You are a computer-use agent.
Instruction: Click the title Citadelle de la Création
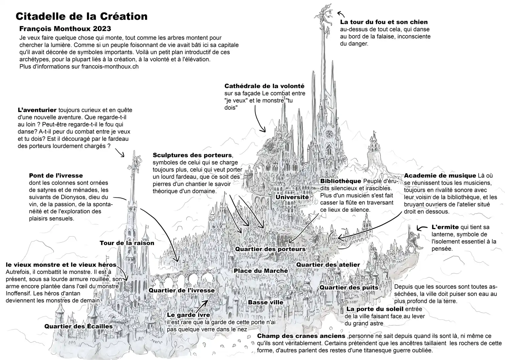click(81, 16)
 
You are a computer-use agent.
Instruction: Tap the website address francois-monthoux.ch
click(110, 67)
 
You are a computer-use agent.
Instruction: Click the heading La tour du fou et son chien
click(384, 22)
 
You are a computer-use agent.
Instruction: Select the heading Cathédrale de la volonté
click(264, 86)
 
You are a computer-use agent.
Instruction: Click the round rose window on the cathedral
click(328, 134)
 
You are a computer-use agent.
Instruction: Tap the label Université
click(292, 197)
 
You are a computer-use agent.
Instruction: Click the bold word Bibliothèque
click(341, 181)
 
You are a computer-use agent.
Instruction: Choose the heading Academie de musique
click(440, 176)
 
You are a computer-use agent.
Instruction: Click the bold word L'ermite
click(445, 227)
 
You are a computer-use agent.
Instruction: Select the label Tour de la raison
click(127, 243)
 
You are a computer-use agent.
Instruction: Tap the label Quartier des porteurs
click(270, 249)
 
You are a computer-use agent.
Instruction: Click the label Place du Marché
click(261, 271)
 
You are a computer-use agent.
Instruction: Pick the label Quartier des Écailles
click(78, 326)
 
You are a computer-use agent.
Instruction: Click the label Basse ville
click(266, 303)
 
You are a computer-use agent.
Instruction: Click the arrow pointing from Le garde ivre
click(202, 307)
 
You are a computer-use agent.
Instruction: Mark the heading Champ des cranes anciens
click(301, 336)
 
